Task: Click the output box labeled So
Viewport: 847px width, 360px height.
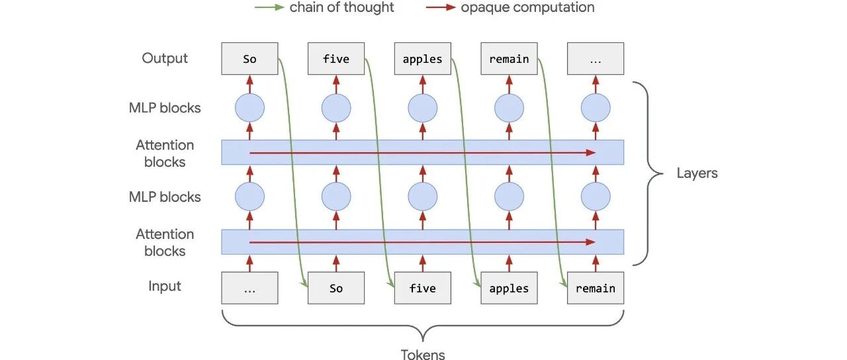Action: (x=249, y=59)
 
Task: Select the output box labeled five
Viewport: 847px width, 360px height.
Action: (x=336, y=59)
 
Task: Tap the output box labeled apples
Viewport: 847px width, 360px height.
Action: (x=423, y=59)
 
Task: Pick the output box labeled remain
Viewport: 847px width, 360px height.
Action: (x=509, y=59)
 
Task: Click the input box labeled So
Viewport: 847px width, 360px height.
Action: (x=336, y=288)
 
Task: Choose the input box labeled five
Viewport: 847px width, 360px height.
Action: (x=423, y=288)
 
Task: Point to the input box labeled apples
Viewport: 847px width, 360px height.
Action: (x=509, y=288)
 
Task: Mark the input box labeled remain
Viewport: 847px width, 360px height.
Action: (x=596, y=288)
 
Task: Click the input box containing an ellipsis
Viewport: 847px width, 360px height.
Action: (x=249, y=288)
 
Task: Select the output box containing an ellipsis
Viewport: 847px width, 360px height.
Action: (x=596, y=59)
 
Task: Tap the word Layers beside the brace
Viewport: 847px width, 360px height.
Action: (x=697, y=173)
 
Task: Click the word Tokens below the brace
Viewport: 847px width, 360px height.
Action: (x=423, y=354)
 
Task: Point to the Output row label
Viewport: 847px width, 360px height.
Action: (x=165, y=58)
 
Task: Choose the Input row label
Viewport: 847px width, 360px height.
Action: (x=165, y=287)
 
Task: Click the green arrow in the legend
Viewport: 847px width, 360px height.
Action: (x=269, y=7)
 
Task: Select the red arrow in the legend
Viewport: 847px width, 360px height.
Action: (x=441, y=7)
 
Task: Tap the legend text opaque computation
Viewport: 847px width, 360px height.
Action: (x=527, y=7)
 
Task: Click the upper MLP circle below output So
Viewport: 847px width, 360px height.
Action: (x=249, y=108)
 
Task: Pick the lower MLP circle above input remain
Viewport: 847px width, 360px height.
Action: (x=596, y=197)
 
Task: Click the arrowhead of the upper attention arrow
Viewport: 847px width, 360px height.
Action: (x=591, y=153)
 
